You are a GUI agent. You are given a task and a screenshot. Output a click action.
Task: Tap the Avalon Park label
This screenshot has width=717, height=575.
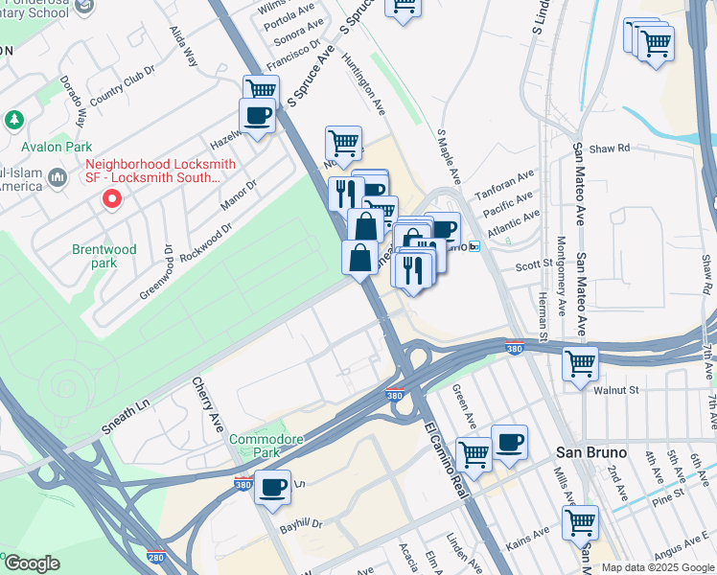click(58, 147)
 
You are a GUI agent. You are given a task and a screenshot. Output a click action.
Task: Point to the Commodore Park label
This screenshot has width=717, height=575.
click(266, 447)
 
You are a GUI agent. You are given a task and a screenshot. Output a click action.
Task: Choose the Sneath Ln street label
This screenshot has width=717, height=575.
click(128, 406)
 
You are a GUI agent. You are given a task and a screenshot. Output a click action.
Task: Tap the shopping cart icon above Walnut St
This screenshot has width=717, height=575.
click(580, 363)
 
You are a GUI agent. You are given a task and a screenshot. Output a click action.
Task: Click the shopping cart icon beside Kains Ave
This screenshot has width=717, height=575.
click(580, 522)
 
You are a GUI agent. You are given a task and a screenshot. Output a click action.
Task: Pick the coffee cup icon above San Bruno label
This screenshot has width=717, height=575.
click(510, 442)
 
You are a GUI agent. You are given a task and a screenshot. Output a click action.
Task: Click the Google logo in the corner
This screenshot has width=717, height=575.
click(32, 563)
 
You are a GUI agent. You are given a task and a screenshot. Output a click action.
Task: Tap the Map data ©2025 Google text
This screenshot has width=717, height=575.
click(658, 567)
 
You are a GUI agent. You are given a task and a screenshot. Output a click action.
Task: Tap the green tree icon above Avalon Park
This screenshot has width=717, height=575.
click(13, 120)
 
